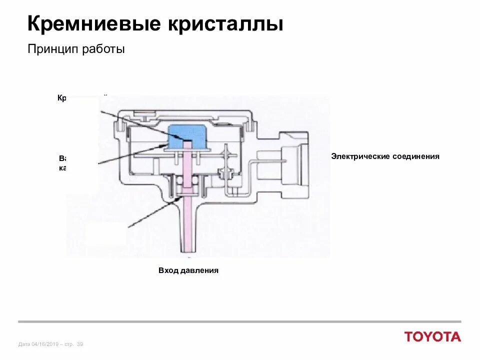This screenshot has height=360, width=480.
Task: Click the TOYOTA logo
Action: (432, 337)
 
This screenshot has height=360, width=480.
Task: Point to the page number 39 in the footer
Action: (80, 344)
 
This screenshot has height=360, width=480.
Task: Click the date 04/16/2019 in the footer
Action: (45, 344)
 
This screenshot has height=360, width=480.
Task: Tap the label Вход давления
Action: (188, 270)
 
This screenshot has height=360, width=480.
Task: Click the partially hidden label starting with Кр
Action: (62, 97)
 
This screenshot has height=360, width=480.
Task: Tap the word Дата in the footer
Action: (24, 344)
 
